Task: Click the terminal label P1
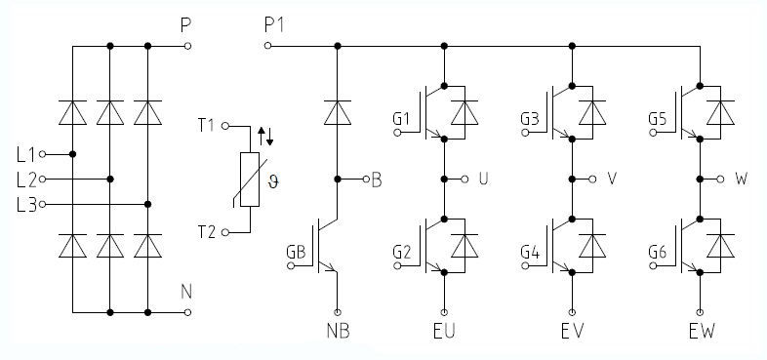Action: click(276, 22)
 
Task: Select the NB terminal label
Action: click(338, 330)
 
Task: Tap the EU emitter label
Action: click(445, 330)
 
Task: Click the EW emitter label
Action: click(701, 330)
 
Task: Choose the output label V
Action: click(612, 180)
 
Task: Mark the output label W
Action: click(742, 180)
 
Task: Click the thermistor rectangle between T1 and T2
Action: click(249, 180)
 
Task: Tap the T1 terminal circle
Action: click(224, 126)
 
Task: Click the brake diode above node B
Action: click(337, 113)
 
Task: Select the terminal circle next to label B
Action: click(364, 180)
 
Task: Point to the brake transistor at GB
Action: click(330, 252)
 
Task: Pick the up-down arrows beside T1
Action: click(264, 134)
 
